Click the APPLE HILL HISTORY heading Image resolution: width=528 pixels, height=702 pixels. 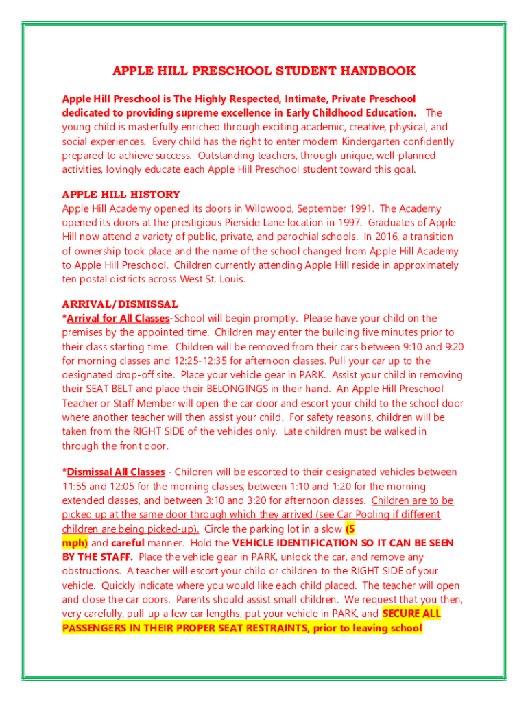click(x=121, y=195)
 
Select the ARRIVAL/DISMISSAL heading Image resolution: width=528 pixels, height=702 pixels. click(x=120, y=304)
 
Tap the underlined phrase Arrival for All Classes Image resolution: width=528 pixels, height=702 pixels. click(x=118, y=318)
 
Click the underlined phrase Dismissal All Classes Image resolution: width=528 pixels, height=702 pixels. click(x=116, y=472)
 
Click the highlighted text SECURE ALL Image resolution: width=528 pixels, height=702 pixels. click(x=411, y=614)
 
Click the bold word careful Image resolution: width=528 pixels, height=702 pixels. click(x=128, y=543)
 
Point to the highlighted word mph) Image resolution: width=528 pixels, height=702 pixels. click(x=75, y=543)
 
